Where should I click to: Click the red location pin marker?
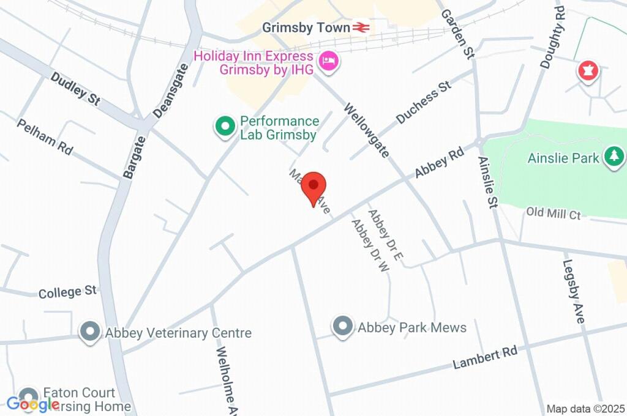pos(314,185)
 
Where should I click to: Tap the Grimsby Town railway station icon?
pos(360,28)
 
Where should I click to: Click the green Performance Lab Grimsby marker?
pos(225,127)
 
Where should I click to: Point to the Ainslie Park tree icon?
pos(612,157)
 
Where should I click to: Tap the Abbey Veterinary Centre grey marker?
pos(91,332)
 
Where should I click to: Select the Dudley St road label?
pos(75,89)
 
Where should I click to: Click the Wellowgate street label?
pos(366,130)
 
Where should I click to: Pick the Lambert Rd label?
pos(485,357)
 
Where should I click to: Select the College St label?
pos(68,292)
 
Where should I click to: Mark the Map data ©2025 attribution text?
pos(585,409)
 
